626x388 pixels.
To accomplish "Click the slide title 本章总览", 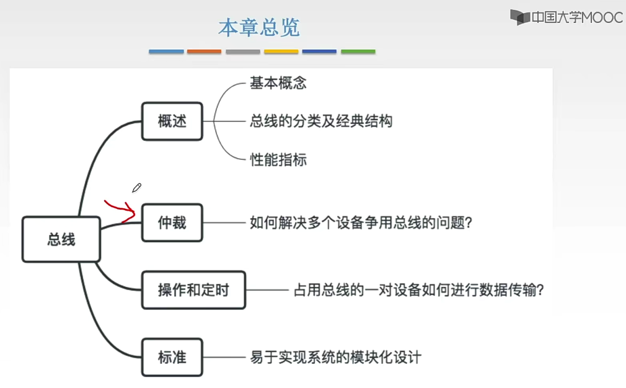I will [x=259, y=27].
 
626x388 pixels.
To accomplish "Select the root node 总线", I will [x=61, y=239].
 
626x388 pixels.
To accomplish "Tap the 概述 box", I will [x=172, y=121].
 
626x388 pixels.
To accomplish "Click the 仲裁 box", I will [x=172, y=222].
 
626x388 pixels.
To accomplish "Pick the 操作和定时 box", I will [x=193, y=289].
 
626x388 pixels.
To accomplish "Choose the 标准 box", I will [x=172, y=357].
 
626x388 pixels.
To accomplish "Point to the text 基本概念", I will [x=278, y=83].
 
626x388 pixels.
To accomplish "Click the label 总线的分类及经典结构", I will [x=321, y=121].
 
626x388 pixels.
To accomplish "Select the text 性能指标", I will [x=278, y=159].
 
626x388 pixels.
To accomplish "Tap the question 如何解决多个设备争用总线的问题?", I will [x=361, y=222].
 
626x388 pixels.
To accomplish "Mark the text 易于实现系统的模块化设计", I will [x=335, y=357].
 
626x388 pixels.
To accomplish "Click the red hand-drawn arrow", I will [x=121, y=210].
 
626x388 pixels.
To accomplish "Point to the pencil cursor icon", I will [x=136, y=187].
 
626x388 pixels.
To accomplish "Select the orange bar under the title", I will [x=204, y=51].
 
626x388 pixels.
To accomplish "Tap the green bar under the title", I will [x=358, y=51].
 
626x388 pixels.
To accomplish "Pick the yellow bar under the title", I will [x=281, y=51].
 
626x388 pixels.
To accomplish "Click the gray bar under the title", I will [x=242, y=51].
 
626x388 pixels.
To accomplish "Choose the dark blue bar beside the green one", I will [x=319, y=51].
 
